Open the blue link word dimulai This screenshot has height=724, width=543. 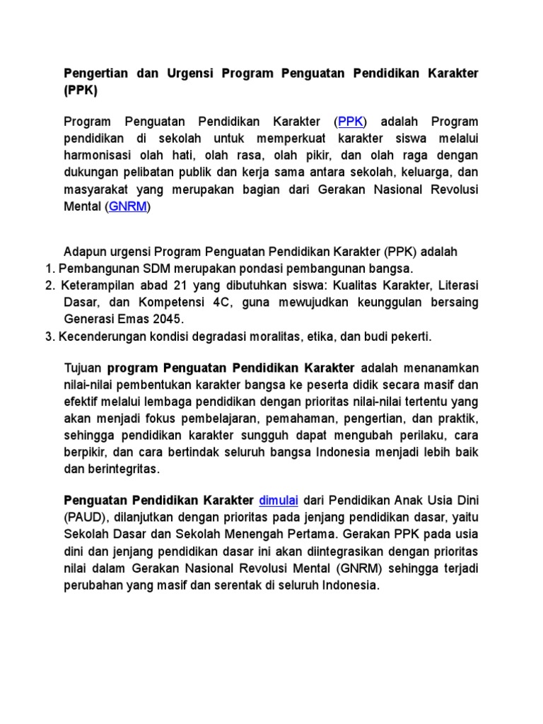pos(279,501)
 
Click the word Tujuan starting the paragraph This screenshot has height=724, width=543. pos(83,368)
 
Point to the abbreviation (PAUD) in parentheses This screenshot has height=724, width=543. pos(84,518)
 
